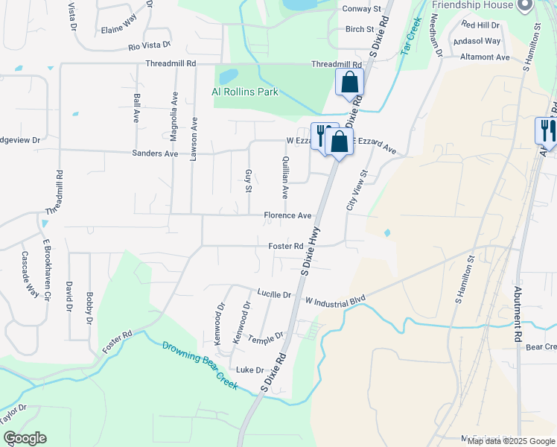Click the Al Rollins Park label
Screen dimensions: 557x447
244,92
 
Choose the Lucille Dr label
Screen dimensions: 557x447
273,294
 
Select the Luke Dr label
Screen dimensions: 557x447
249,370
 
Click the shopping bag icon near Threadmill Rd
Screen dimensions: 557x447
349,83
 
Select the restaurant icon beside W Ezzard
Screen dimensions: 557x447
322,135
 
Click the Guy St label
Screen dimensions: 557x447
248,180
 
